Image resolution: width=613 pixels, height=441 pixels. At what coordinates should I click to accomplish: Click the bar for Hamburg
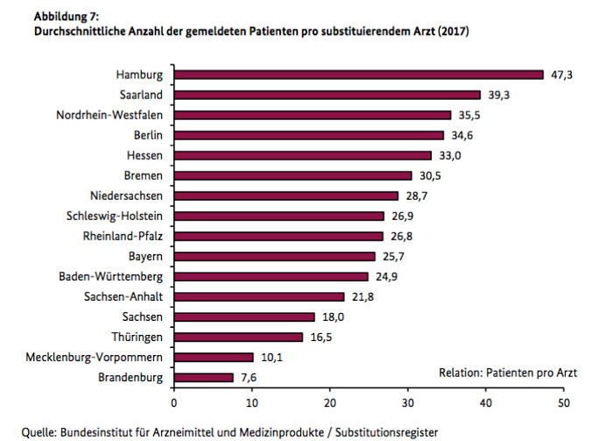[359, 75]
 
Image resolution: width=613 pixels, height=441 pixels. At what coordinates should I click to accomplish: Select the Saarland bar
[328, 95]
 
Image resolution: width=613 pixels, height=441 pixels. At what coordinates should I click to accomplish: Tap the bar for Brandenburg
[204, 378]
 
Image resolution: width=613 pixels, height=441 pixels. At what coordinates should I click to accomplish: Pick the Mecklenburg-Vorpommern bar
[214, 358]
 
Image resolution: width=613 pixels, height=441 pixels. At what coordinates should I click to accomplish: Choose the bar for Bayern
[275, 256]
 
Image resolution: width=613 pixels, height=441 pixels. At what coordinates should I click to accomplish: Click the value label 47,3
[561, 75]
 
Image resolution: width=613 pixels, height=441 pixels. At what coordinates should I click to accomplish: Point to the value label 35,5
[469, 116]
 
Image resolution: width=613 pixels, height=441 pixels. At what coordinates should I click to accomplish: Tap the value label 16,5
[321, 338]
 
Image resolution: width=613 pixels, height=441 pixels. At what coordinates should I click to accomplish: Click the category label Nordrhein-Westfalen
[109, 116]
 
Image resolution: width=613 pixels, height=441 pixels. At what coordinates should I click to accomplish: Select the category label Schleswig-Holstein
[115, 216]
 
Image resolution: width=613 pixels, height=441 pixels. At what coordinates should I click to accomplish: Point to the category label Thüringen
[138, 338]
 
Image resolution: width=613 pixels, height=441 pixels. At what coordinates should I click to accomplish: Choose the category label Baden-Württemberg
[111, 277]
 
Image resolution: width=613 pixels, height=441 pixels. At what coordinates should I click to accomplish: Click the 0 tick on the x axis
[174, 402]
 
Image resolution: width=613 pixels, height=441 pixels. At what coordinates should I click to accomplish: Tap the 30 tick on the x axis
[408, 402]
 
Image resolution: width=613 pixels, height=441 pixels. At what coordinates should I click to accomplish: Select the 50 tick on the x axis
[563, 402]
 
